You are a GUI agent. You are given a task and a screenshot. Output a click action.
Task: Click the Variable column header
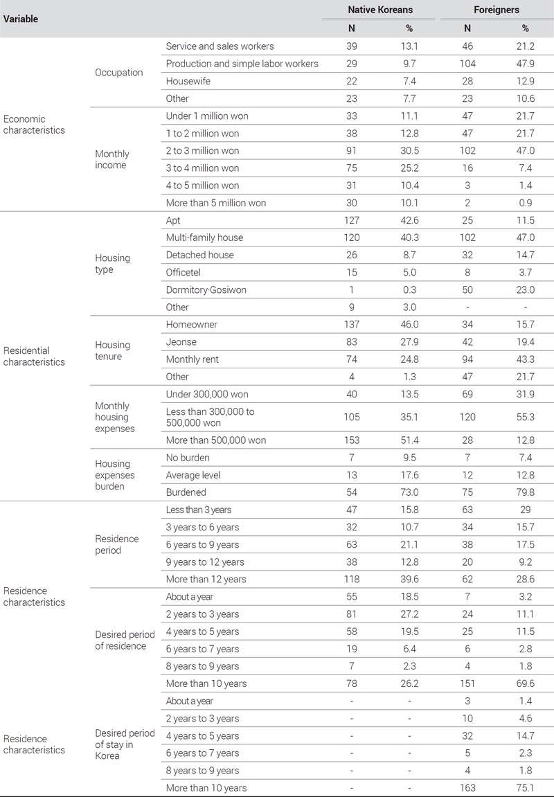tap(21, 19)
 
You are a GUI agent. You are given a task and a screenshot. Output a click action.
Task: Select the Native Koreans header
tap(380, 10)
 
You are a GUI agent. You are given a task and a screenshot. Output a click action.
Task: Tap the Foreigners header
tap(497, 10)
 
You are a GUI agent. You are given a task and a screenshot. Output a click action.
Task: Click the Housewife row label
tap(188, 81)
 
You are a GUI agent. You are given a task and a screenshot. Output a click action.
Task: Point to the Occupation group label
tap(119, 72)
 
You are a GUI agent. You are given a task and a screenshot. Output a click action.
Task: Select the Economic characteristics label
tap(34, 125)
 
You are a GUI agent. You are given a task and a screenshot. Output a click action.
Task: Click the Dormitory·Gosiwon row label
tap(206, 289)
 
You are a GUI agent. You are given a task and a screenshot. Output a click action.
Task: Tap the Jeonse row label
tap(181, 342)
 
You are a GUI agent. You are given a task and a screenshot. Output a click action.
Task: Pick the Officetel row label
tap(183, 272)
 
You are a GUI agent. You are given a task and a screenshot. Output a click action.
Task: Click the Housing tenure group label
tap(112, 350)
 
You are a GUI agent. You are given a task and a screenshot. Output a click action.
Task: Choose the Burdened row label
tap(186, 492)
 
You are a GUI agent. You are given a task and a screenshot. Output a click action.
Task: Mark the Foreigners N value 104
tap(467, 64)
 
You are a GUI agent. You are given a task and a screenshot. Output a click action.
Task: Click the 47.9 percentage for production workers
tap(526, 64)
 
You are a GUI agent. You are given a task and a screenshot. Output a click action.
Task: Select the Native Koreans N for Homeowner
tap(352, 324)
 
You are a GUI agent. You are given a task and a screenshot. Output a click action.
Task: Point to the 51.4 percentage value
tap(409, 440)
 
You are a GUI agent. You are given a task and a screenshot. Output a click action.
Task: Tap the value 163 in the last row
tap(467, 788)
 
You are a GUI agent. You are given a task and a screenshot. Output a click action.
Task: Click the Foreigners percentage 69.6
tap(526, 683)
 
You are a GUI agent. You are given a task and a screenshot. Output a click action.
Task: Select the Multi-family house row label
tap(204, 238)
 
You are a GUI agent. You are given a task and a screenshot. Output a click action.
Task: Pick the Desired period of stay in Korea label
tap(125, 744)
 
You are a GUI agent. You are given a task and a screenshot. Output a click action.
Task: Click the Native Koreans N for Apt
tap(352, 220)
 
